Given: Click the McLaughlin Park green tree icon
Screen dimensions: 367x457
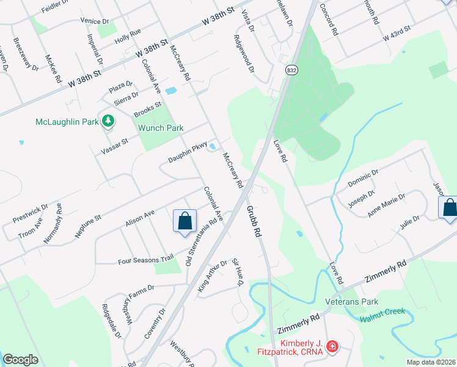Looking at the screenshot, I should pos(108,121).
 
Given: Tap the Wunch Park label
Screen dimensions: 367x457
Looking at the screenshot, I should pos(161,128).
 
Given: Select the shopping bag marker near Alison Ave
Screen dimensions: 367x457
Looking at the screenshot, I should pos(185,221).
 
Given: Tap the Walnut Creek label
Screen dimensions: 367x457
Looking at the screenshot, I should pos(382,311).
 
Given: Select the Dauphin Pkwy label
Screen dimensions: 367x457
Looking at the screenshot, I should pos(188,153).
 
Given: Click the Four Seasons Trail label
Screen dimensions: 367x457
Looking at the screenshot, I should pos(145,261).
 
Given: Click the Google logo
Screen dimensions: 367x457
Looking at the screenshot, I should pos(21,360).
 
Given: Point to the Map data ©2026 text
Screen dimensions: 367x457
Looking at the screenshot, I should pos(430,362).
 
